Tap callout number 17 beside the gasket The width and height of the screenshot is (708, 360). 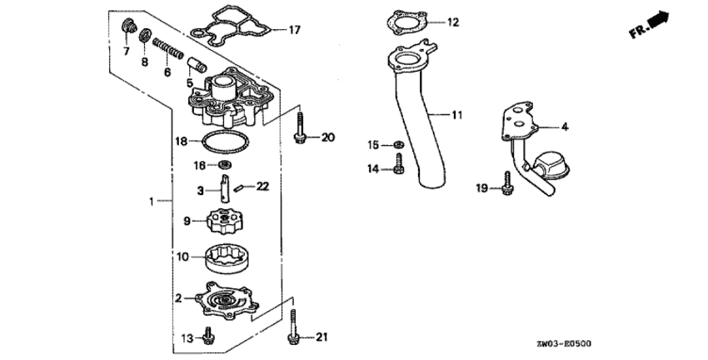[x=294, y=30]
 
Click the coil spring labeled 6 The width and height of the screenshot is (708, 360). [x=168, y=49]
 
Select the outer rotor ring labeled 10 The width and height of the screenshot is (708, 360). [x=228, y=258]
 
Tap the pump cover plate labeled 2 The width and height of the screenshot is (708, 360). [x=227, y=300]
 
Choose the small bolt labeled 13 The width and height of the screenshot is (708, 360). [x=208, y=335]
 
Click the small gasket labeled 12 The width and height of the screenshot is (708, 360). [x=406, y=21]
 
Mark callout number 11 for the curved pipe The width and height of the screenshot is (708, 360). [x=457, y=115]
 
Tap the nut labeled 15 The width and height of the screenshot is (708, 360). [x=398, y=145]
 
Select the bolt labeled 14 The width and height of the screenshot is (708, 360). [x=399, y=163]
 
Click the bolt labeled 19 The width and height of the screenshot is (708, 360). [x=507, y=183]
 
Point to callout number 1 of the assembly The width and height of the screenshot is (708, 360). [x=152, y=202]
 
